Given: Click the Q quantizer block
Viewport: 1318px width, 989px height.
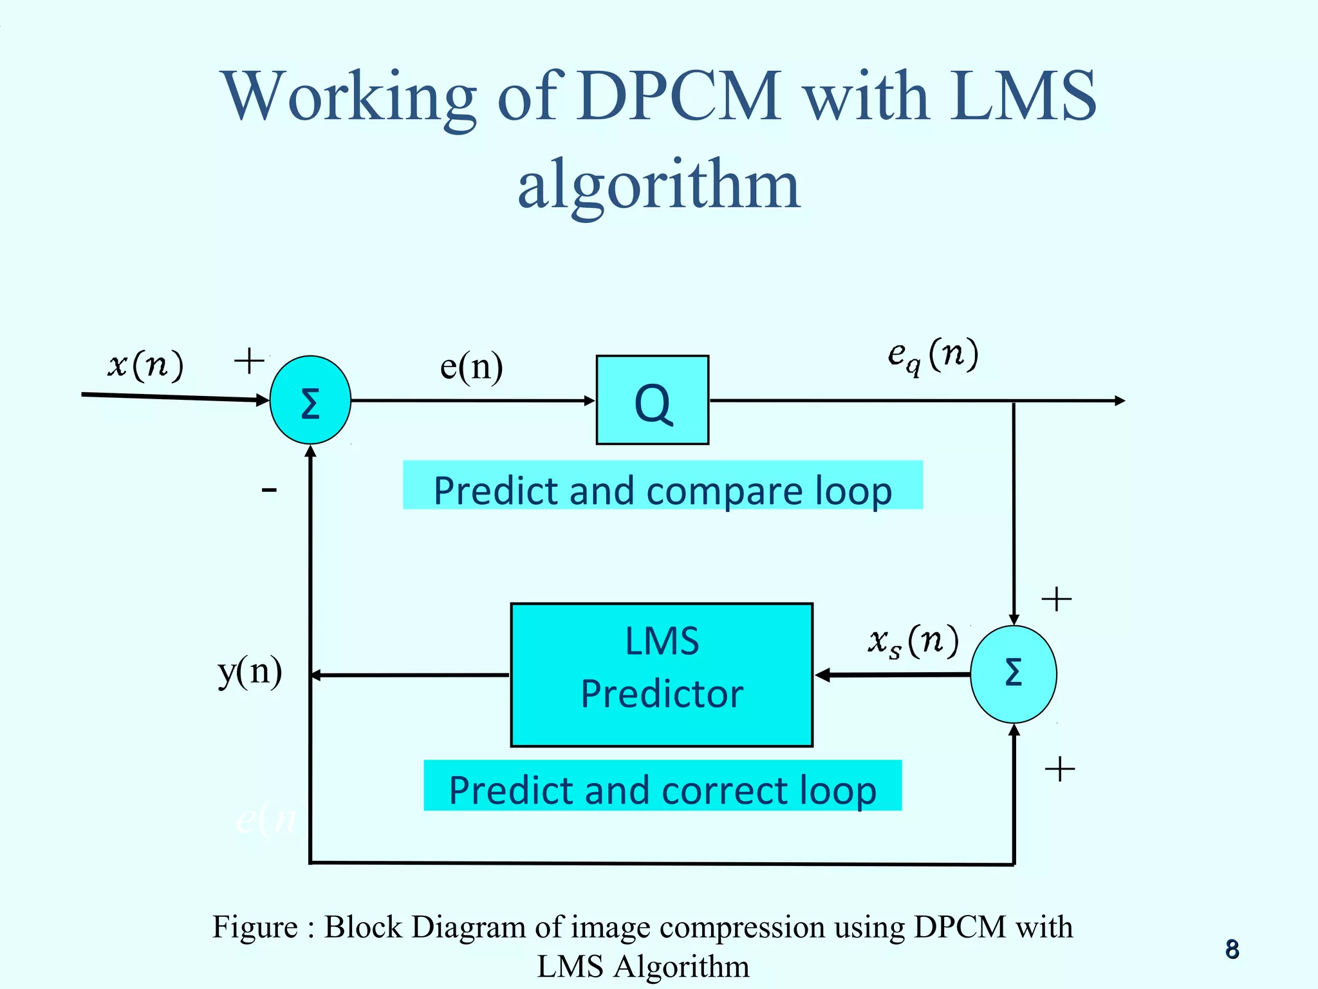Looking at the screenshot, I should click(x=652, y=400).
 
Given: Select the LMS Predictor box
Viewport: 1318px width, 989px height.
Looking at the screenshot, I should click(x=662, y=675).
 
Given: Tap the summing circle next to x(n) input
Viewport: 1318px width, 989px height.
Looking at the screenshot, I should click(x=310, y=400).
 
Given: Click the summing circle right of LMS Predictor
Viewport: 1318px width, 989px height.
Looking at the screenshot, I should click(x=1013, y=674).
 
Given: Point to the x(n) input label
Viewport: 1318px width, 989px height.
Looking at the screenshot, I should click(x=145, y=364).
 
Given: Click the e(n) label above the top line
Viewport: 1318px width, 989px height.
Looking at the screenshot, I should click(x=471, y=367).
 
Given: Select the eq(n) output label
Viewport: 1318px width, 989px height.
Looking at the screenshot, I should click(x=933, y=355).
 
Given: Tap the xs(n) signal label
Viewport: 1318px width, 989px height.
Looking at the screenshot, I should click(x=913, y=641).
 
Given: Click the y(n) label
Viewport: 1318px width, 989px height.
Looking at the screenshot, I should click(x=250, y=672).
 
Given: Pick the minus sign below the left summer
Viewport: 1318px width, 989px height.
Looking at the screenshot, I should click(x=269, y=491).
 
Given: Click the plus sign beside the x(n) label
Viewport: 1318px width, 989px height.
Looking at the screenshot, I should click(x=249, y=361).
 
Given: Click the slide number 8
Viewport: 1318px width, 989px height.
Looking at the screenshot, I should click(x=1232, y=949).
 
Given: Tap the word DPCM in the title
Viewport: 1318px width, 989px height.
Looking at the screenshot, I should click(x=680, y=97).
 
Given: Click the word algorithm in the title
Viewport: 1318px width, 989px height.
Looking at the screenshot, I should click(x=659, y=185).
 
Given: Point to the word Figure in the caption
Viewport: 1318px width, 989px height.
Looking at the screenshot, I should click(x=255, y=927).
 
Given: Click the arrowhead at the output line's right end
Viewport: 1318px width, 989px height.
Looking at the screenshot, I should click(x=1120, y=400).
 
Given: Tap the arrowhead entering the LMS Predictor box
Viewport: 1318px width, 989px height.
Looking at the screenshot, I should click(x=822, y=675).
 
